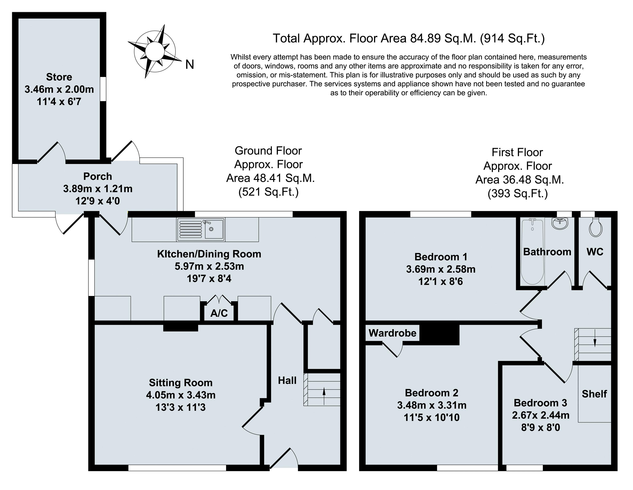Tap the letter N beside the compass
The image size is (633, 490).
(x=190, y=65)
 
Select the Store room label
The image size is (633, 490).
(x=59, y=77)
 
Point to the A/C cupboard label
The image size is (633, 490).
(x=219, y=313)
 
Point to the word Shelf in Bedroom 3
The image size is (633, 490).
(x=594, y=394)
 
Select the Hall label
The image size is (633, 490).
(x=287, y=380)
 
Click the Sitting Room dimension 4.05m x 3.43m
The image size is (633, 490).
(x=181, y=395)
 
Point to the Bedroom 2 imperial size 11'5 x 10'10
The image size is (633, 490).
(x=432, y=418)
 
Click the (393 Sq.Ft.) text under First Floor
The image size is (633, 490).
(x=518, y=193)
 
